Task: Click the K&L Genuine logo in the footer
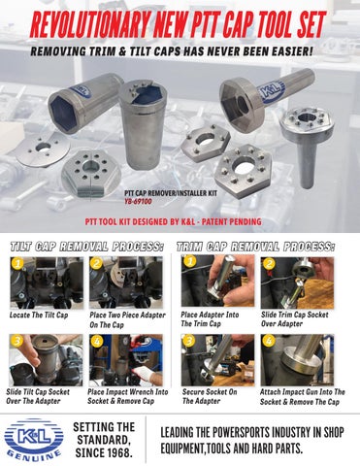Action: point(32,438)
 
